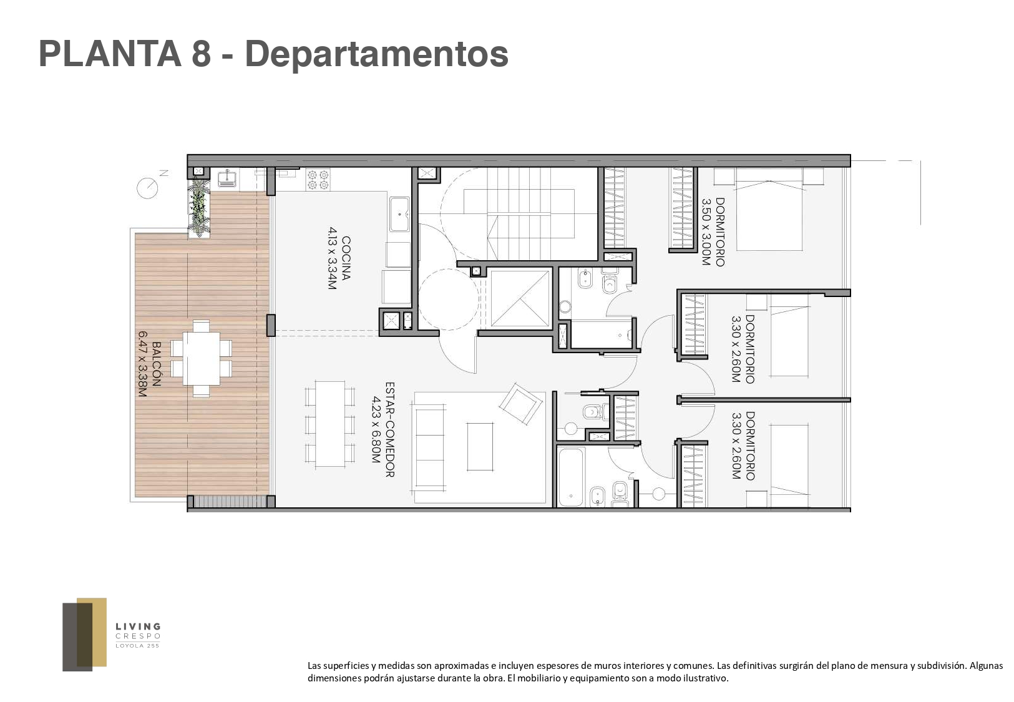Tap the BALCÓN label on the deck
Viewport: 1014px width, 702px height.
tap(156, 363)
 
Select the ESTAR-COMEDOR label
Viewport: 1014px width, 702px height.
tap(390, 429)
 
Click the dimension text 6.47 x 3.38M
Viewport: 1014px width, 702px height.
tap(143, 364)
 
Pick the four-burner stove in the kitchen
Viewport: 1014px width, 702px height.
tap(318, 179)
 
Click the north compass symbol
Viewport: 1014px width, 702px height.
tap(148, 187)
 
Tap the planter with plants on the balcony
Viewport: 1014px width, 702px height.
tap(199, 207)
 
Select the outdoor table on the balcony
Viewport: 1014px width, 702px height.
tap(201, 358)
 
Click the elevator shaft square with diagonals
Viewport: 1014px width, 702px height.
tap(520, 298)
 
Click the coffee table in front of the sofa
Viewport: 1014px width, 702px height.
tap(480, 447)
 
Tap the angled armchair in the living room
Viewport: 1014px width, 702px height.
tap(520, 404)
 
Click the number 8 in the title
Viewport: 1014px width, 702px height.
tap(202, 54)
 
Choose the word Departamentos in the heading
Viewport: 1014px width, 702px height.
tap(377, 54)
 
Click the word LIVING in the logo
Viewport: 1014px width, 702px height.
tap(138, 626)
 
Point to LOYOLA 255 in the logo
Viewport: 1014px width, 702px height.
tap(138, 646)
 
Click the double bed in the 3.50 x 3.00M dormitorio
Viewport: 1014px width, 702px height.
tap(769, 209)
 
